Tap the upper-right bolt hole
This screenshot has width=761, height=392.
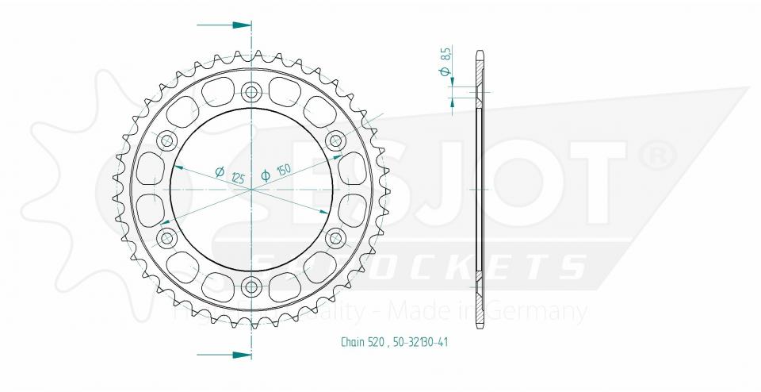pos(335,141)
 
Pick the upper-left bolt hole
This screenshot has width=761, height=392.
pos(167,142)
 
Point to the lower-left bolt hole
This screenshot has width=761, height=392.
pos(167,237)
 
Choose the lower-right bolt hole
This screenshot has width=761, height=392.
pos(336,237)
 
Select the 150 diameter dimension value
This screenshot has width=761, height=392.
pos(282,171)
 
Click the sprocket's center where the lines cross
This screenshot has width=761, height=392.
pos(252,190)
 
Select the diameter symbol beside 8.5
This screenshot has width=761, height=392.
pos(446,73)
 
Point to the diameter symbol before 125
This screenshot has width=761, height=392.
pos(220,171)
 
